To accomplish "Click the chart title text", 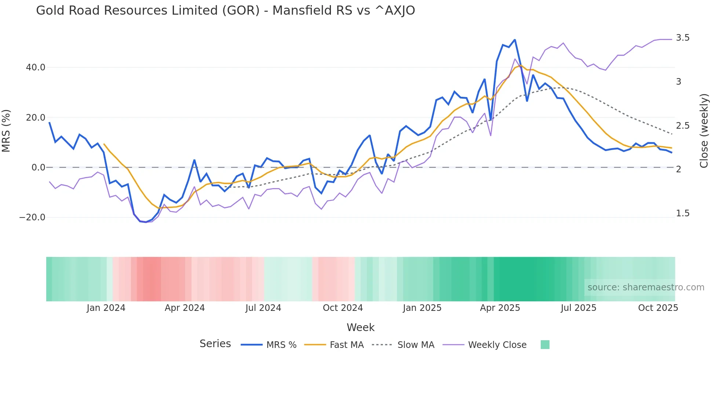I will point(225,11).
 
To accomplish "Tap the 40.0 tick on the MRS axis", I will point(36,67).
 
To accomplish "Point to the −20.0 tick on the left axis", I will point(32,217).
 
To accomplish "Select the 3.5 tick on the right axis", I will point(683,38).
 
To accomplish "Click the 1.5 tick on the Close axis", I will point(683,213).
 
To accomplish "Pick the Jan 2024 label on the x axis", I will point(106,308).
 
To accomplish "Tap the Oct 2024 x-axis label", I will point(343,308).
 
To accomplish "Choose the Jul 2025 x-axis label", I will point(579,308).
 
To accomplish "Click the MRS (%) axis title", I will point(6,131).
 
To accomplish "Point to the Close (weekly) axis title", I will point(704,131).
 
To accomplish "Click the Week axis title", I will point(360,327).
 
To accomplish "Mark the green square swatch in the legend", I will point(545,345).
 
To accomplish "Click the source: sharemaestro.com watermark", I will point(646,287).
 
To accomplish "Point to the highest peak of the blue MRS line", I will point(515,40).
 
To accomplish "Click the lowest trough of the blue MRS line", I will point(146,222).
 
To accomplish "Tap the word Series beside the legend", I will point(215,344).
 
